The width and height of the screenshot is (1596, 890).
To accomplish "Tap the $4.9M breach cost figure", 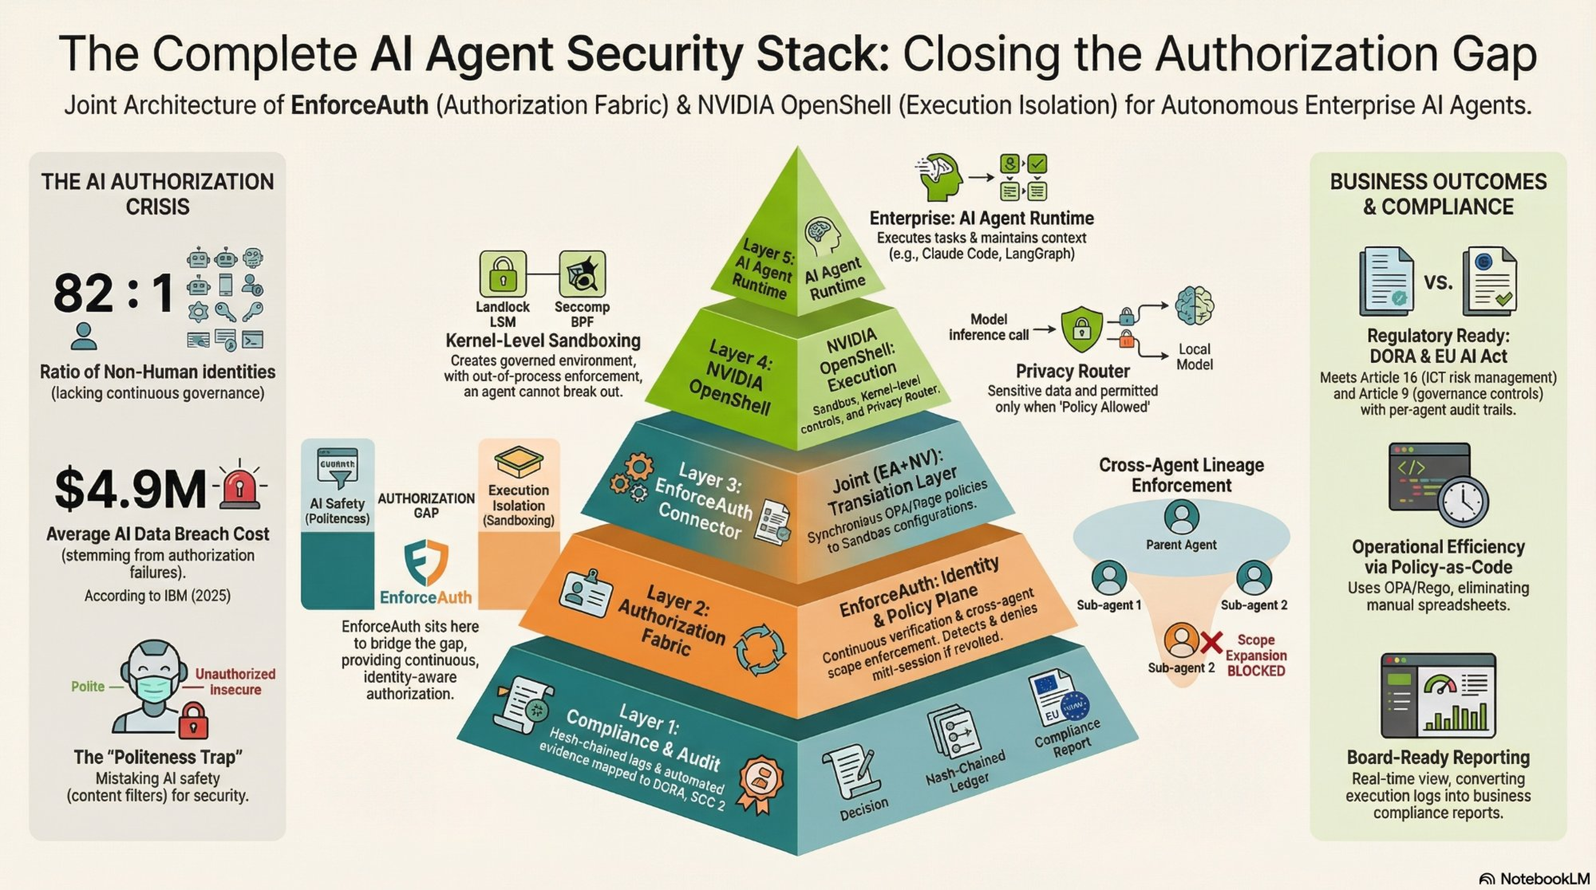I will click(x=130, y=489).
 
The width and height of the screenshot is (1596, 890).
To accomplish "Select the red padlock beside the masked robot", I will click(x=194, y=720).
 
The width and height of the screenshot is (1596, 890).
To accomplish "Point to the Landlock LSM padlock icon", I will click(x=503, y=274).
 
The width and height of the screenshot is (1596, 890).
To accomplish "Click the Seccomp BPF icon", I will click(x=582, y=274).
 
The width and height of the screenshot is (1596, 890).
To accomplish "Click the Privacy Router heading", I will click(x=1072, y=371).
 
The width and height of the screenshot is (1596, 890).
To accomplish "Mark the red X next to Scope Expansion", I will click(x=1211, y=643).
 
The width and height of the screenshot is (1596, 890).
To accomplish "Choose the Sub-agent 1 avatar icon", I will click(x=1109, y=577).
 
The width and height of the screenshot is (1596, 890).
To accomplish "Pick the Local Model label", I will click(x=1194, y=357).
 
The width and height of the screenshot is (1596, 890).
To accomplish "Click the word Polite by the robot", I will click(x=88, y=686).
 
